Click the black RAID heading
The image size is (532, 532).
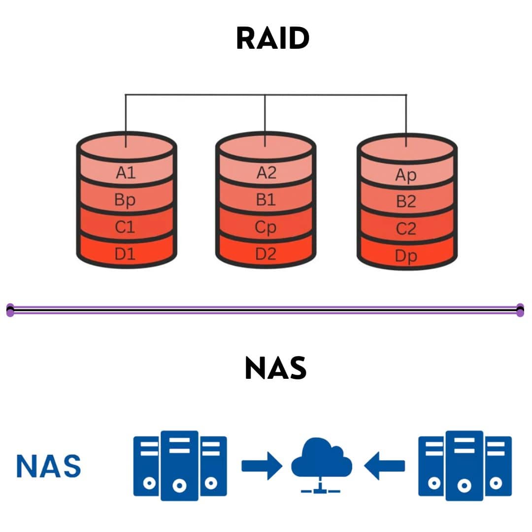(272, 38)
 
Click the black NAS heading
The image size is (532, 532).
(275, 368)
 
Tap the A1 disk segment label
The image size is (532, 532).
(126, 173)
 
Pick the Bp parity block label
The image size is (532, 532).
(125, 200)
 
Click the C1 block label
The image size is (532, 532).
(125, 228)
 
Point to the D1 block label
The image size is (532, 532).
(125, 255)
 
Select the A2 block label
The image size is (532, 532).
(266, 173)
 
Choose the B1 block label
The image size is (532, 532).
(266, 200)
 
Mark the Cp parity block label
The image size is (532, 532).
(266, 228)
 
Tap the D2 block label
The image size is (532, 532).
(266, 255)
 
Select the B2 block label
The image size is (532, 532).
(406, 202)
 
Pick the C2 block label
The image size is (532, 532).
(406, 229)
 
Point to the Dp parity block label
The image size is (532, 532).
(406, 256)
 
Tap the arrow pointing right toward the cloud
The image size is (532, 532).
(262, 465)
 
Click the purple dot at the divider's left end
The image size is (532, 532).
(10, 310)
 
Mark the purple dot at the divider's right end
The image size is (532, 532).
(520, 310)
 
